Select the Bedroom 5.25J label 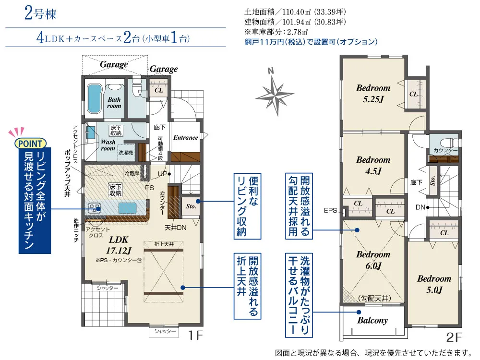[x=373, y=94]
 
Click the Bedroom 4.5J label [x=373, y=165]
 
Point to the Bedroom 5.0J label [x=434, y=284]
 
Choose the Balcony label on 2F [x=372, y=321]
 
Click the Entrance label [x=185, y=137]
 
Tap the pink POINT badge [x=30, y=143]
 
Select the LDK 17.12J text [x=119, y=245]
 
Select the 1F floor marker [x=195, y=336]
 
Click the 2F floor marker [x=454, y=337]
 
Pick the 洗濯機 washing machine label [x=126, y=153]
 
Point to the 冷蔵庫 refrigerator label [x=132, y=173]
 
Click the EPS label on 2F [x=330, y=211]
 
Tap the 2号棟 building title [x=40, y=14]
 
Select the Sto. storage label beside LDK [x=191, y=206]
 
